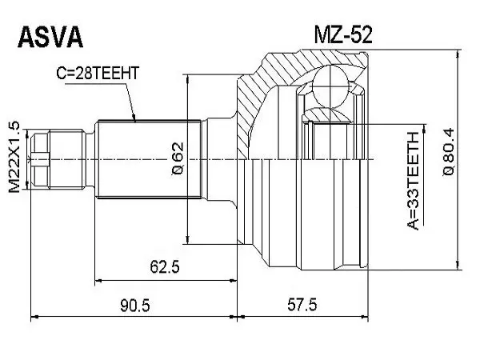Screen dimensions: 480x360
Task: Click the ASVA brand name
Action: [x=50, y=37]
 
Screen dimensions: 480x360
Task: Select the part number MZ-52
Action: [x=343, y=34]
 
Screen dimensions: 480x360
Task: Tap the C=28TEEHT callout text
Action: [x=98, y=73]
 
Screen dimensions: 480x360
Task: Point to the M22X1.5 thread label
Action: [x=14, y=157]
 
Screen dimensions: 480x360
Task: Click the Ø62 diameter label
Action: [x=178, y=158]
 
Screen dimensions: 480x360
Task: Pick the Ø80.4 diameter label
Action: [x=449, y=152]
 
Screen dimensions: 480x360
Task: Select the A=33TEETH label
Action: [x=413, y=181]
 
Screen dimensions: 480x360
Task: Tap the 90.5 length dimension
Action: [x=135, y=306]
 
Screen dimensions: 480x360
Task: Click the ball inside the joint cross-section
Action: [x=331, y=86]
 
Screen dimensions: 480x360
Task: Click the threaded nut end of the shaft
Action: [x=57, y=159]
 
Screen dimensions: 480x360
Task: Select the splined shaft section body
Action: [x=148, y=159]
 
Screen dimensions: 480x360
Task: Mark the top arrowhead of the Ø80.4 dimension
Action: [x=458, y=55]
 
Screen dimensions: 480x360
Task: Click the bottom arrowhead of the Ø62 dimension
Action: [x=188, y=239]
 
